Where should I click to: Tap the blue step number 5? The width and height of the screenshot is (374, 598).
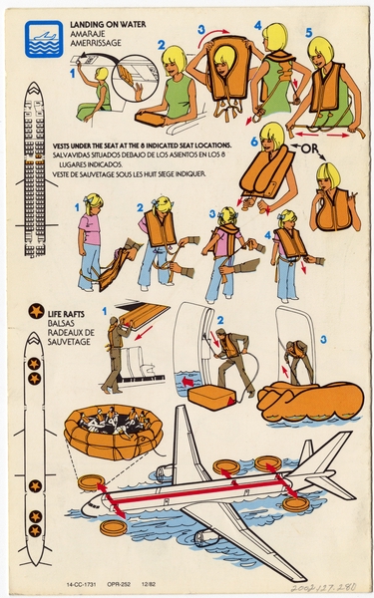click(x=308, y=32)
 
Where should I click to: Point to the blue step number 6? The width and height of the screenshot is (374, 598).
click(x=255, y=142)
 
